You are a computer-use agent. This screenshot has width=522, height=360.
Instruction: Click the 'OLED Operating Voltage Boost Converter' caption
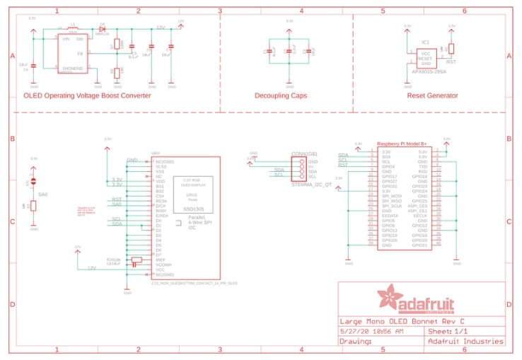point(87,95)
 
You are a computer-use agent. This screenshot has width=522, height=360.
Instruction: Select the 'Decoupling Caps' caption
point(281,95)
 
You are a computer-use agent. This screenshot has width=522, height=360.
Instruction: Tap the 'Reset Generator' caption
point(432,95)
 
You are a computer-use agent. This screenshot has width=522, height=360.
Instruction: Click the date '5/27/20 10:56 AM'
point(371,331)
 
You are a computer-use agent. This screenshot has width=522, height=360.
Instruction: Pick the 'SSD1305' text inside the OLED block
point(194,209)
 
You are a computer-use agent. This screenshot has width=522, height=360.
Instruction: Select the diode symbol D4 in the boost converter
point(103,28)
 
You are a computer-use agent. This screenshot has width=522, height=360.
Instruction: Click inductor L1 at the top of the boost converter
point(73,28)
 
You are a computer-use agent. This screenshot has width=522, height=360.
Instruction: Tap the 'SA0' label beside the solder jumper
point(42,194)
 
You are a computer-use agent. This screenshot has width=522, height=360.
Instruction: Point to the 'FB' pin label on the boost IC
point(80,53)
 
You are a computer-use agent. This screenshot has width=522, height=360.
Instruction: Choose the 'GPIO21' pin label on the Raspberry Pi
point(419,245)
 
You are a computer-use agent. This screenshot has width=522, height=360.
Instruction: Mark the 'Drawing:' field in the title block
point(358,341)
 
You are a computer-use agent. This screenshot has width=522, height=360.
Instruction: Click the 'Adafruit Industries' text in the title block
point(466,341)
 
